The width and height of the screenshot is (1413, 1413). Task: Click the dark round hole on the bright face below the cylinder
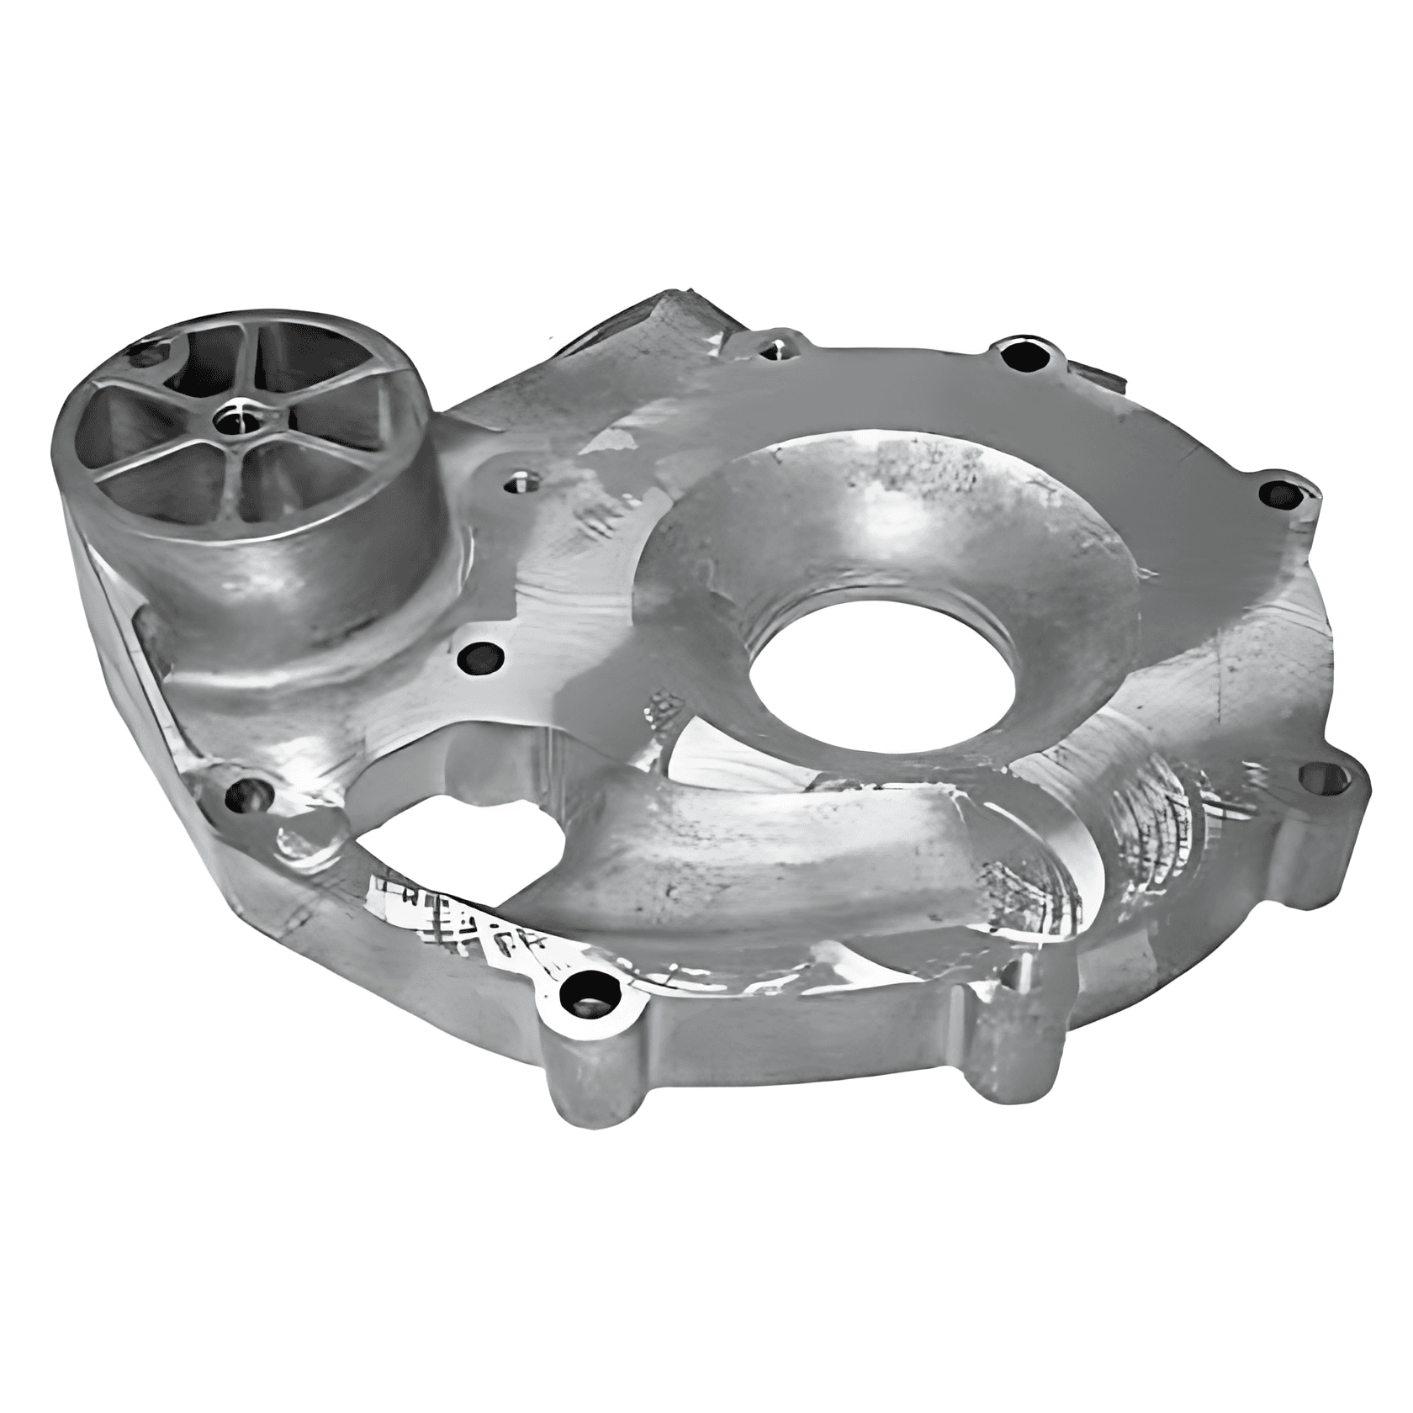click(x=481, y=654)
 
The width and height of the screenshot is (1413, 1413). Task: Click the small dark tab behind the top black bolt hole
click(x=1093, y=374)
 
